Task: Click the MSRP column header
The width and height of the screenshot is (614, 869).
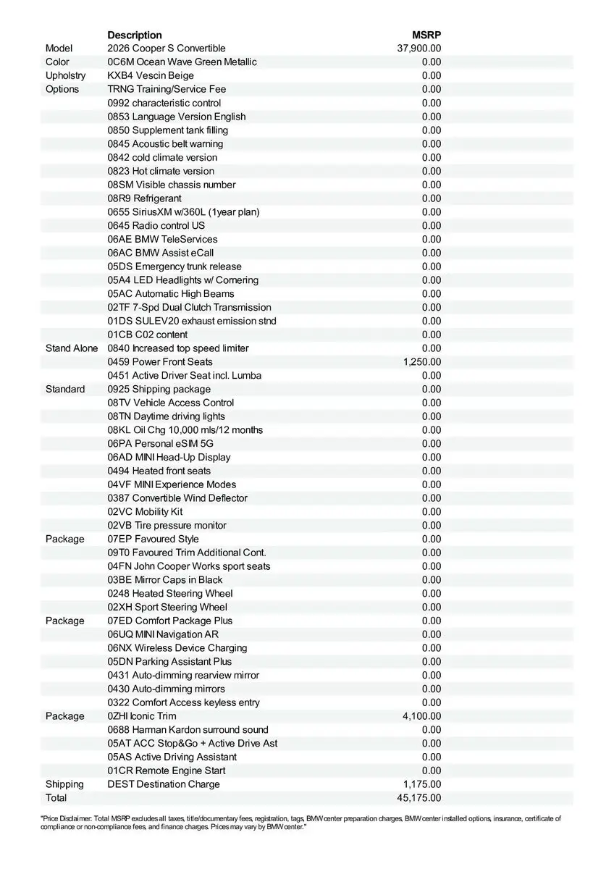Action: click(426, 35)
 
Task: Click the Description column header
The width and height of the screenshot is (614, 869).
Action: click(135, 35)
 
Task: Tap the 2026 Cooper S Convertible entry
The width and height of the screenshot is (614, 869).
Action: click(167, 49)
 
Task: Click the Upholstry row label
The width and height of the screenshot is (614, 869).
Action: click(65, 75)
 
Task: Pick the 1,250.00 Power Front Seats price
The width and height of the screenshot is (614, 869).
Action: click(422, 361)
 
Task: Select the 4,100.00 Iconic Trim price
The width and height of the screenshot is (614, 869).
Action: click(422, 716)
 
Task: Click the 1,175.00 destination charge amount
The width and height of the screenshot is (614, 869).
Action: click(422, 784)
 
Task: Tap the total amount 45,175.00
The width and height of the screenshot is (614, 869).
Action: click(419, 798)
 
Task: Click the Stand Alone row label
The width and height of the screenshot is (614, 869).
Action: click(72, 348)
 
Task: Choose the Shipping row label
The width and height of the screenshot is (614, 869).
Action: click(64, 784)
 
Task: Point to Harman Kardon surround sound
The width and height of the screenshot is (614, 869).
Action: click(188, 730)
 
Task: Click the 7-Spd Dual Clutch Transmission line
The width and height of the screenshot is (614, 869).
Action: click(190, 307)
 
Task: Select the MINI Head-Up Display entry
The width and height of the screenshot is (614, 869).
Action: click(169, 457)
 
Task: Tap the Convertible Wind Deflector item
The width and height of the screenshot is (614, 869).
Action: click(177, 498)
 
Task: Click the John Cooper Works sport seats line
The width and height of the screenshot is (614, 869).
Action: click(189, 566)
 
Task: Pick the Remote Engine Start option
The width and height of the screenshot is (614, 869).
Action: click(167, 771)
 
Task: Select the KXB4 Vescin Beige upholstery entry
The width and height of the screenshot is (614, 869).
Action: click(151, 75)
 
